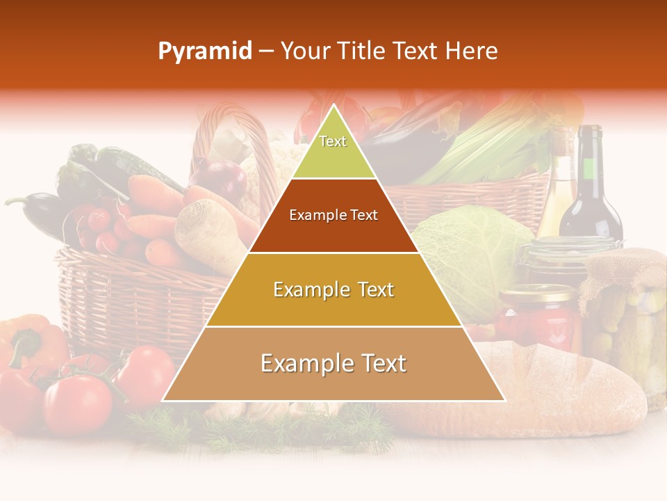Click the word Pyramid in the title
click(205, 51)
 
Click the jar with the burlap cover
click(625, 313)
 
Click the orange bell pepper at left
click(28, 341)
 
